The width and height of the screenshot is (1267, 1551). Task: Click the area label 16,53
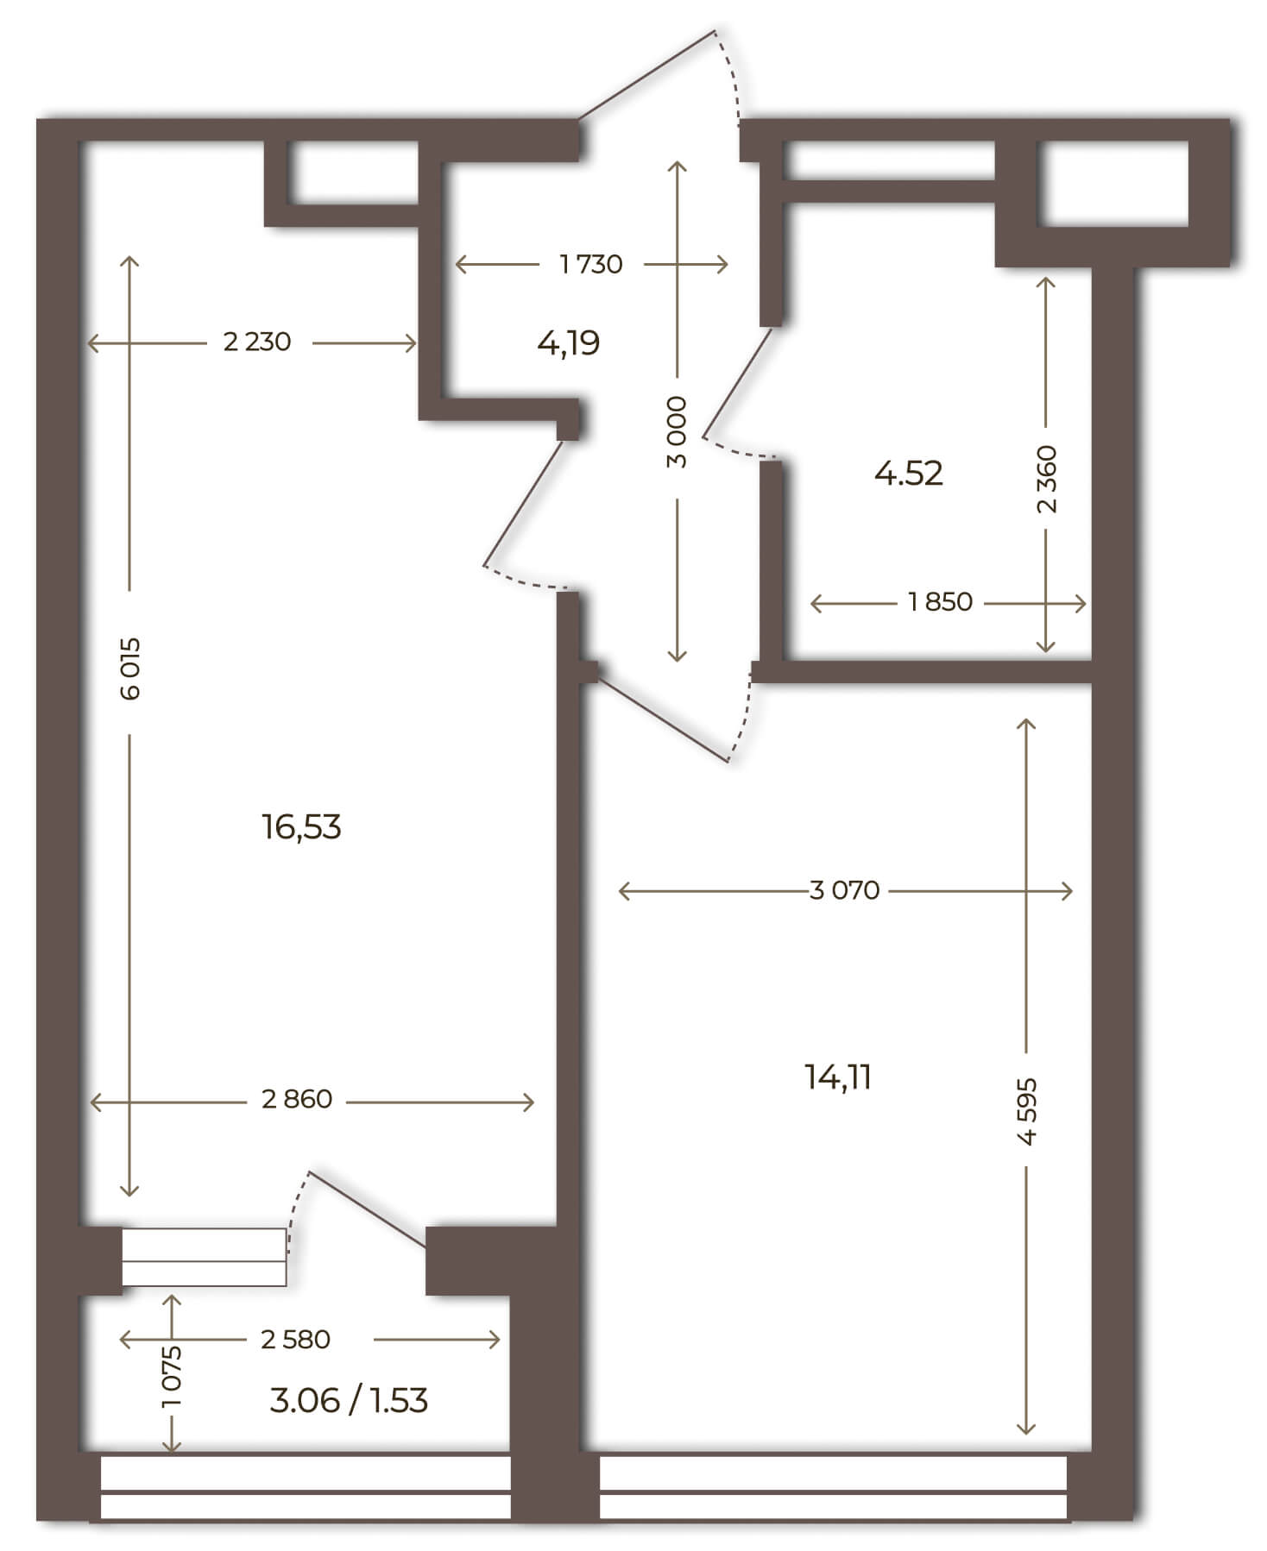click(x=301, y=827)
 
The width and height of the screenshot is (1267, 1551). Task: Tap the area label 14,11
click(x=837, y=1077)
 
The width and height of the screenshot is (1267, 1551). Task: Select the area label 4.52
click(x=908, y=473)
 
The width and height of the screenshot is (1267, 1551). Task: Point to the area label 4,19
click(x=568, y=343)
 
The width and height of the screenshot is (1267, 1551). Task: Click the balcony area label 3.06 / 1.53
click(x=349, y=1400)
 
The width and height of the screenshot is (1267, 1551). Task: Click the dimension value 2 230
click(x=257, y=342)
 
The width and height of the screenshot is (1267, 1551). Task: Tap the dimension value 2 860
click(x=297, y=1099)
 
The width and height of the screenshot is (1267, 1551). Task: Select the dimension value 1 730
click(x=591, y=263)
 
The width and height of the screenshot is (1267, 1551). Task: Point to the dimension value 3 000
click(x=678, y=432)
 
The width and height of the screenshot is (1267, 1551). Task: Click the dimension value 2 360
click(x=1046, y=479)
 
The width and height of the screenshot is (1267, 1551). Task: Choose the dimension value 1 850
click(x=941, y=601)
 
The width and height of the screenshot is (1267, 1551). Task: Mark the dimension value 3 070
click(x=844, y=889)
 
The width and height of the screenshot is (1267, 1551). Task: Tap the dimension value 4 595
click(x=1026, y=1110)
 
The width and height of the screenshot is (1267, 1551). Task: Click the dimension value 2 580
click(x=295, y=1339)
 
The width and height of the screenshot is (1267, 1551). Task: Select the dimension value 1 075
click(x=173, y=1377)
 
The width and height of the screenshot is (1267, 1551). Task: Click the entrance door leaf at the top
click(x=647, y=74)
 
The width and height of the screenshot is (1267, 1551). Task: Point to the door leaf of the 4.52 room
click(x=738, y=383)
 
